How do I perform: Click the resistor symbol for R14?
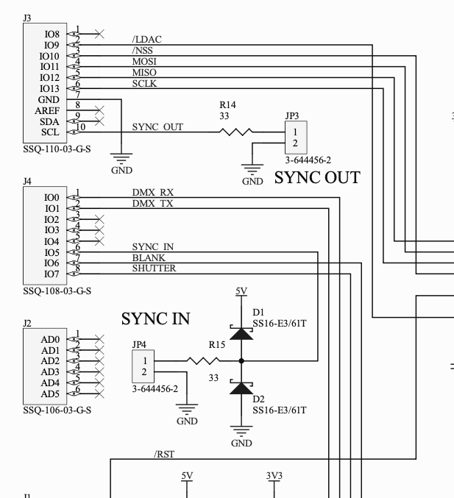point(236,132)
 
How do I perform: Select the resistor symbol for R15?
point(203,360)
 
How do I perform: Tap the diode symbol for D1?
point(241,332)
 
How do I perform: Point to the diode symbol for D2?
point(241,388)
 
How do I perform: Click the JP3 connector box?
point(294,138)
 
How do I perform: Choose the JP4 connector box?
point(144,366)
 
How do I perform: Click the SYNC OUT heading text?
point(317,178)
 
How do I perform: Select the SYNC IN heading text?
point(155,319)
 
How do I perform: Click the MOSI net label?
point(144,61)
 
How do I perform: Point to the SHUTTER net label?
point(154,268)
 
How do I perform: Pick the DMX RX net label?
point(152,193)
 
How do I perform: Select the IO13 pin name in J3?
point(49,88)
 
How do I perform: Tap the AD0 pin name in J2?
point(50,339)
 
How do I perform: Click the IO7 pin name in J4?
point(51,274)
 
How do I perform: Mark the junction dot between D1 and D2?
point(241,360)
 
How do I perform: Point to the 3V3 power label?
point(274,476)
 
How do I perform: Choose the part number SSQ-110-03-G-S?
point(57,147)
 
